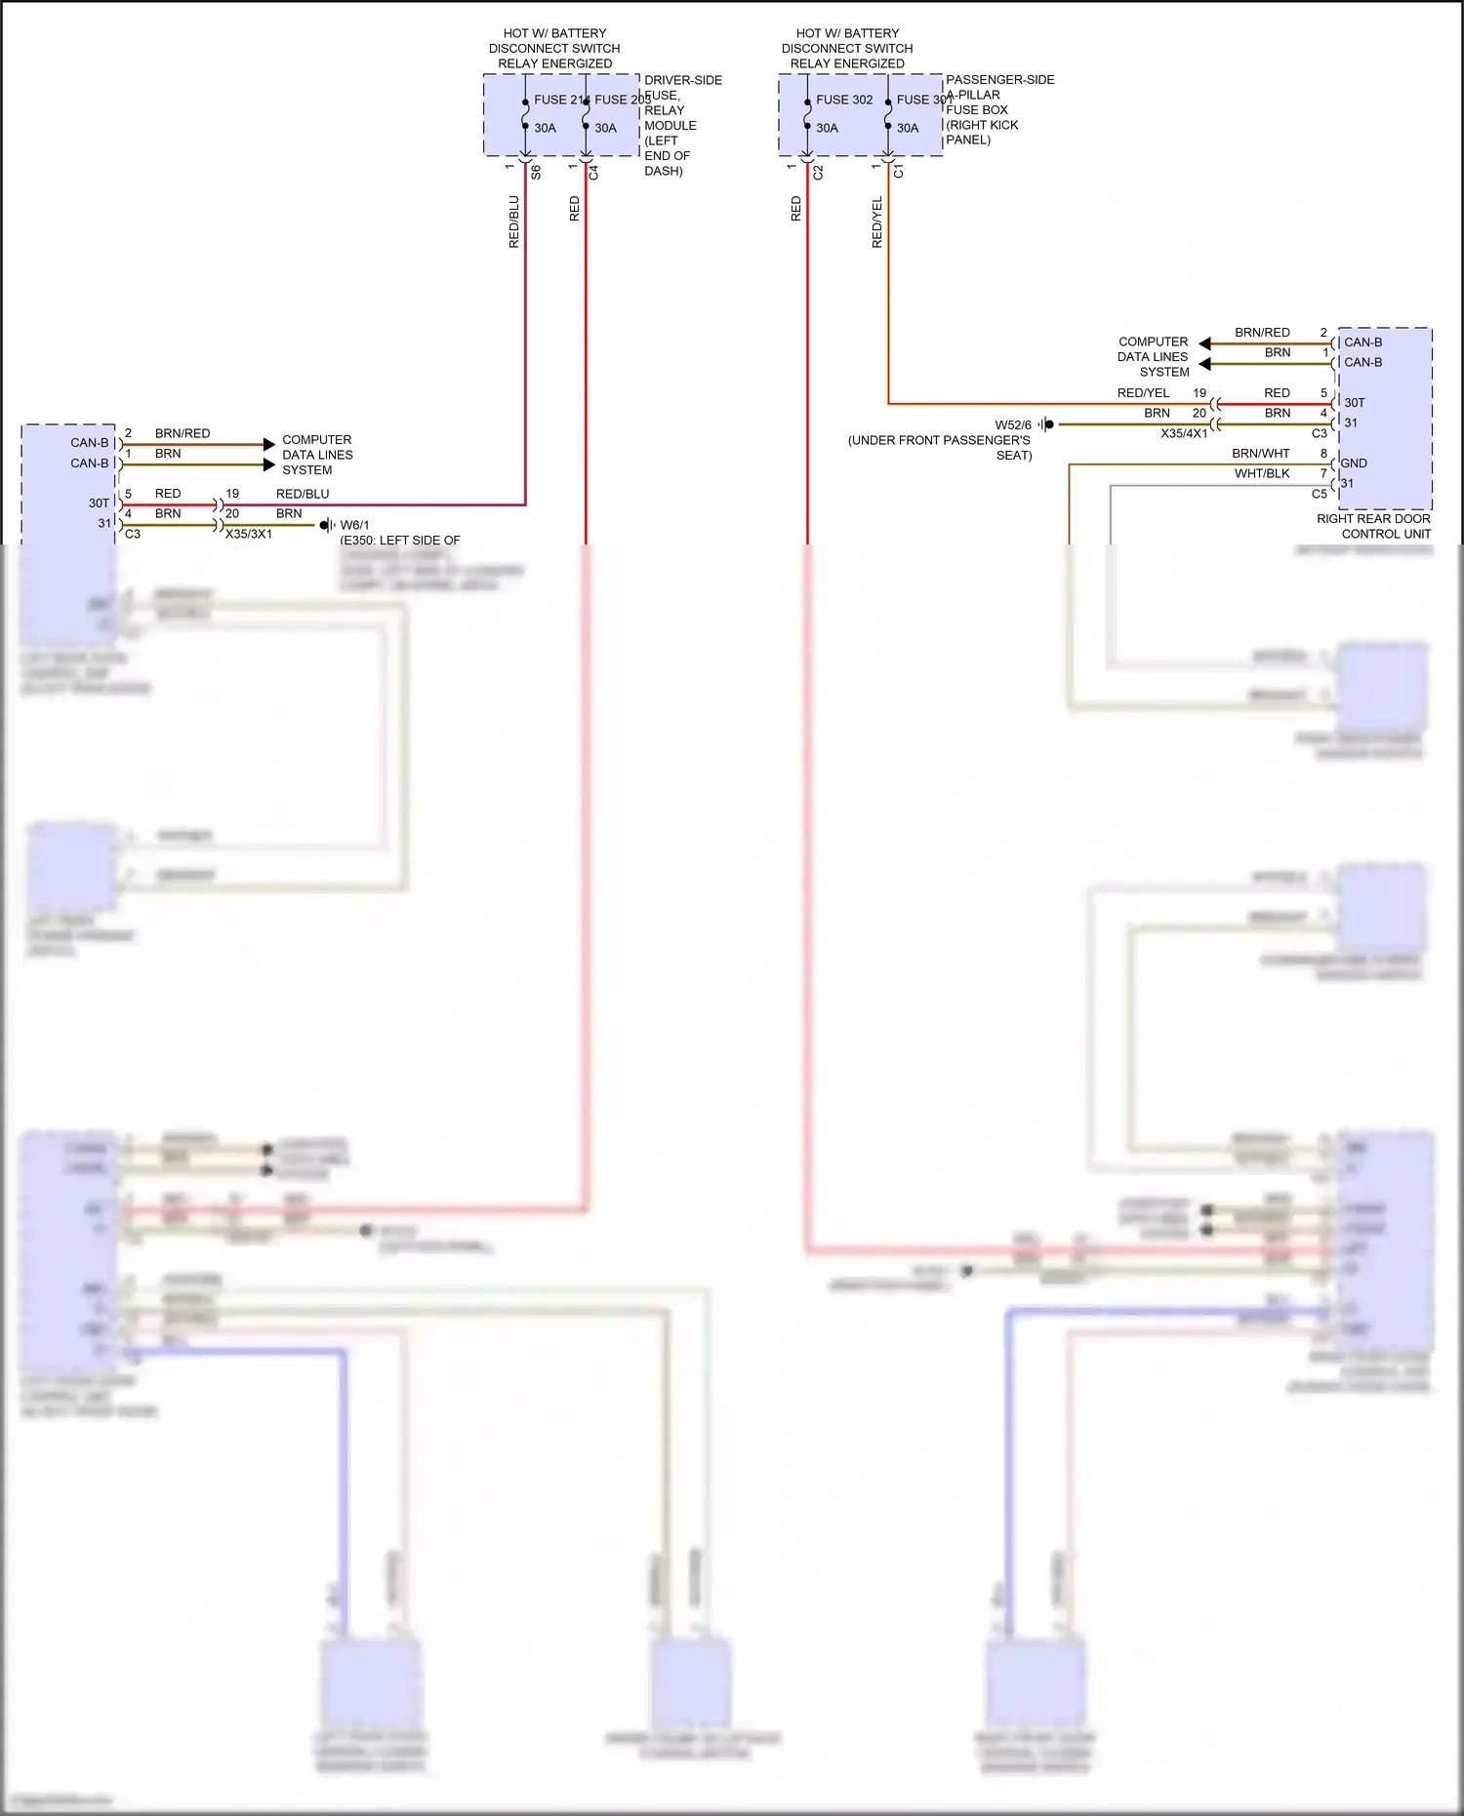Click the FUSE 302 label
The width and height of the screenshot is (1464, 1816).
click(844, 100)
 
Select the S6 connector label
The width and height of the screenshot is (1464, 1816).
click(536, 173)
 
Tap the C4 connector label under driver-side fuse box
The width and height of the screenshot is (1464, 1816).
click(593, 173)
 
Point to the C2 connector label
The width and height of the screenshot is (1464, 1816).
click(818, 173)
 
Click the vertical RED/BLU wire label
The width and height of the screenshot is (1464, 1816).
click(514, 222)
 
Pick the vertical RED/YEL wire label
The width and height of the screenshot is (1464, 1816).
click(876, 222)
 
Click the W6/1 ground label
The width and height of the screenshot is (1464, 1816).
click(354, 525)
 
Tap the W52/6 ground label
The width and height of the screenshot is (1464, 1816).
click(1013, 425)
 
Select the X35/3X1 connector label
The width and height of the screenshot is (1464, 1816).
click(249, 535)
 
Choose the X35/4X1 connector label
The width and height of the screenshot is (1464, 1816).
click(1184, 433)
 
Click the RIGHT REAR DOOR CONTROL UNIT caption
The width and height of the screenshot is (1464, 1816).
click(1373, 527)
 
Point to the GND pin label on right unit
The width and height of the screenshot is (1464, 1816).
click(1354, 464)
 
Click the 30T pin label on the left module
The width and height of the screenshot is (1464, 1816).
click(99, 504)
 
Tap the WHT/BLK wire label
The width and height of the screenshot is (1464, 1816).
click(1262, 474)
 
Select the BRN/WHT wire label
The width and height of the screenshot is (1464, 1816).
click(1261, 454)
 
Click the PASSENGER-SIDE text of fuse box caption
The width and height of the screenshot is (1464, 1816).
click(999, 80)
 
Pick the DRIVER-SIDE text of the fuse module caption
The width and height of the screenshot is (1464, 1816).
click(683, 80)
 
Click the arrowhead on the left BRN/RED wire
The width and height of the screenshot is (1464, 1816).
click(269, 445)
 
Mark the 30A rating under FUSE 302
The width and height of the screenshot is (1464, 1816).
click(827, 128)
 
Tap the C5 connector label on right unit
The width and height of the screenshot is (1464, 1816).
click(1320, 494)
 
